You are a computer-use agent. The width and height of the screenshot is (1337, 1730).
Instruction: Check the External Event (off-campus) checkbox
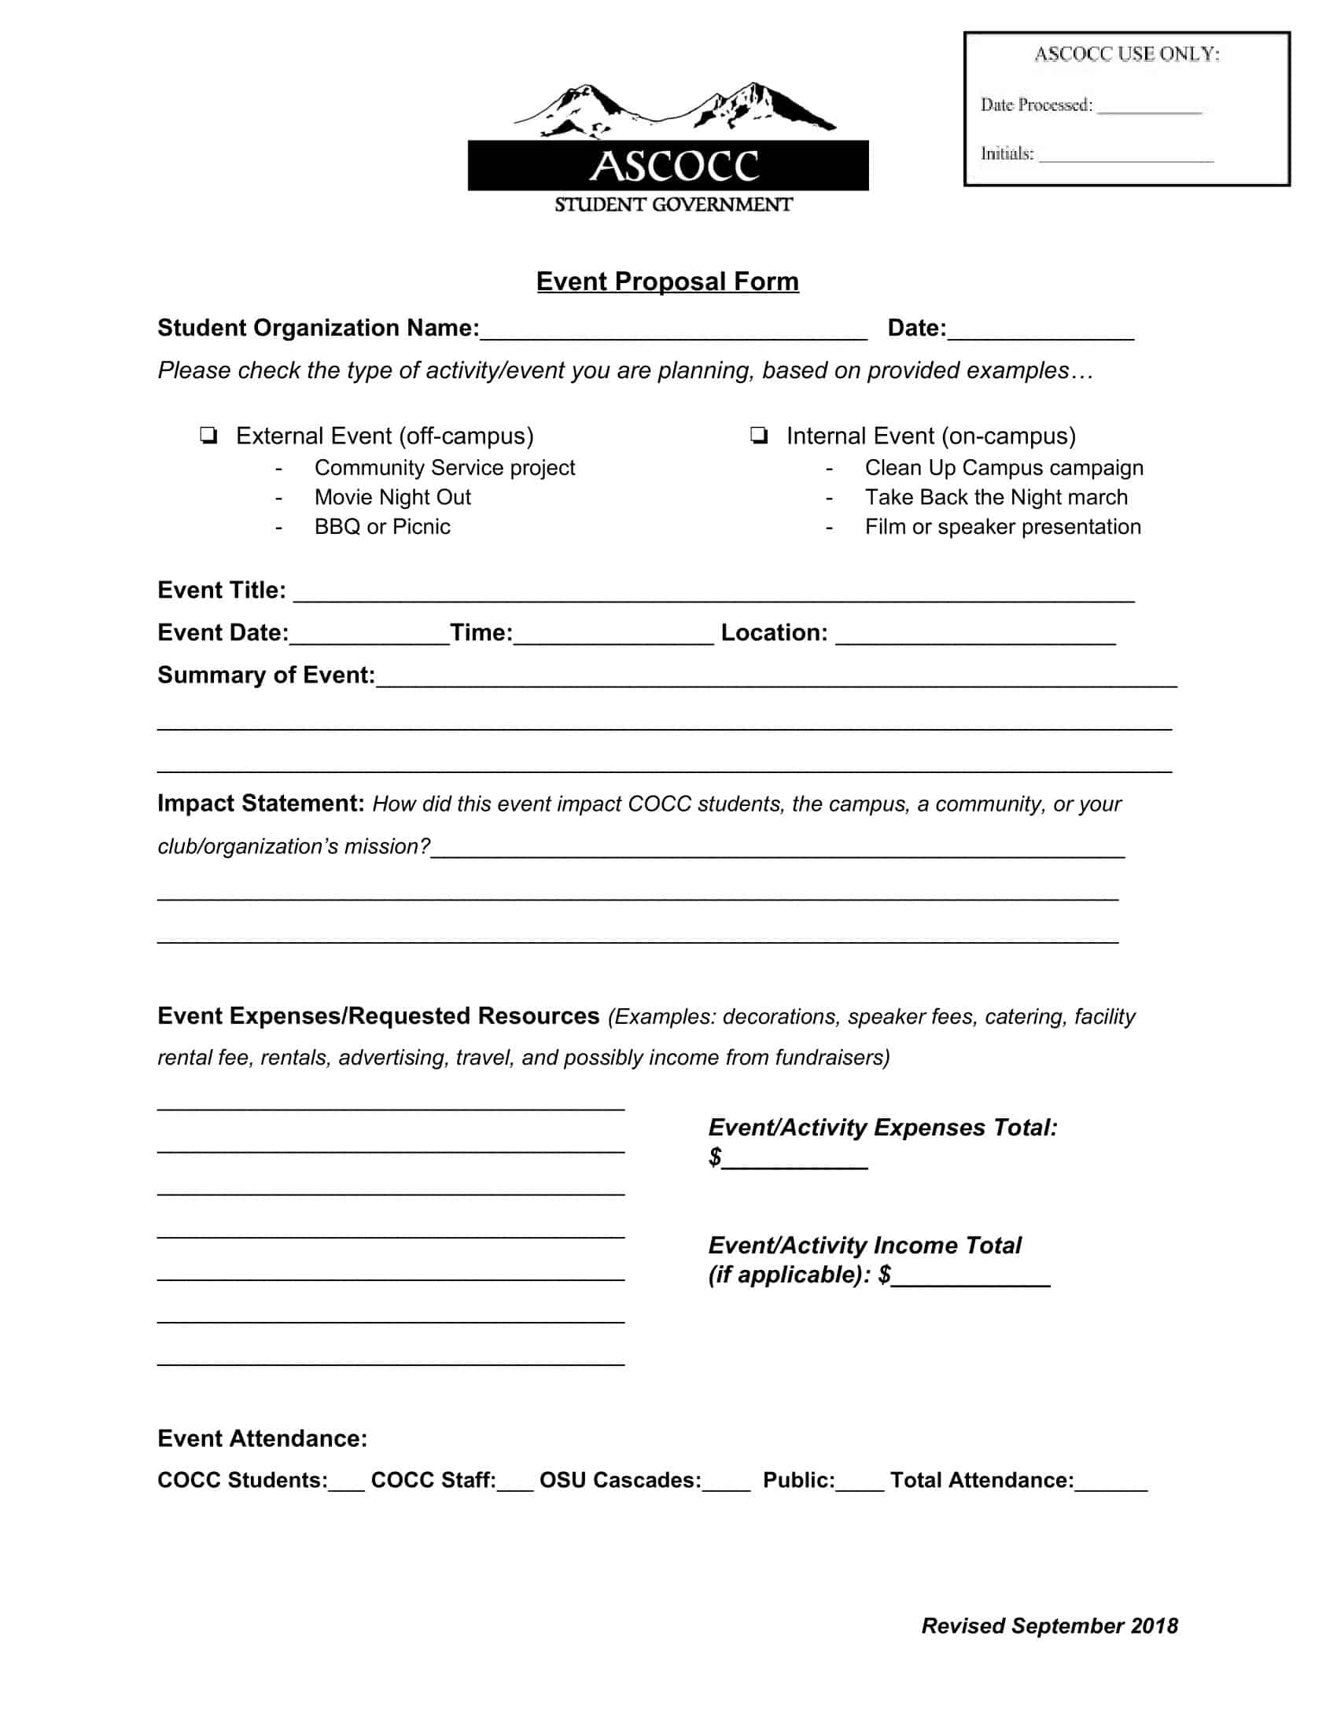(x=208, y=435)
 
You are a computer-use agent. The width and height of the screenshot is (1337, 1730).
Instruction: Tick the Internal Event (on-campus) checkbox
(x=759, y=435)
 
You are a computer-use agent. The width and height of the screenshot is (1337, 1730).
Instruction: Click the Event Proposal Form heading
(x=667, y=282)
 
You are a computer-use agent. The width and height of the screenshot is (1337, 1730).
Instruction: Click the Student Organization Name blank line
(x=673, y=331)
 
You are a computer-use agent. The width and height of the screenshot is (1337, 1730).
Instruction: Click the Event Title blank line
(x=713, y=593)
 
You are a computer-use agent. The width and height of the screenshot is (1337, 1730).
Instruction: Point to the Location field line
(x=975, y=636)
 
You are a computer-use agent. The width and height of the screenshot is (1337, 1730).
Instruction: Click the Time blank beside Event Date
(x=613, y=636)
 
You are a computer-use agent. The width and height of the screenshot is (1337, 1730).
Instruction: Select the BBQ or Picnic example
(x=381, y=527)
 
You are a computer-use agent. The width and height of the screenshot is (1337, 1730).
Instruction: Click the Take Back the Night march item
(x=996, y=498)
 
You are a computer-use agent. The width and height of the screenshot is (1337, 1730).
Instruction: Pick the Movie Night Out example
(x=392, y=498)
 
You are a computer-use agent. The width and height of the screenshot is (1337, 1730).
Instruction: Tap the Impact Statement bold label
(x=260, y=803)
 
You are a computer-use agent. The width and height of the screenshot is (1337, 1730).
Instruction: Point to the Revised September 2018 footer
(x=1048, y=1626)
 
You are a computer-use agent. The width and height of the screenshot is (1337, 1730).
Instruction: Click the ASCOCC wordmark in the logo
(x=673, y=167)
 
